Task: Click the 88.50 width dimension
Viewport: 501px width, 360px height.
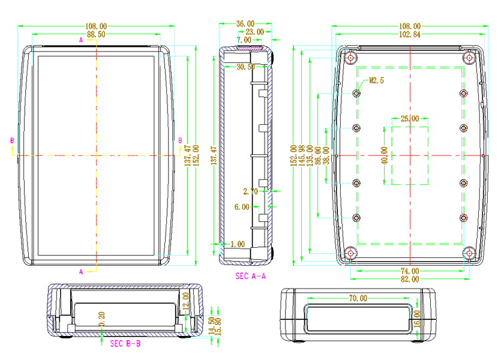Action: [x=96, y=34]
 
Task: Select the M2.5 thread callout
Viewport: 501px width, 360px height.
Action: [x=377, y=81]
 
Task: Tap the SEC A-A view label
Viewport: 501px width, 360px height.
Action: [x=251, y=275]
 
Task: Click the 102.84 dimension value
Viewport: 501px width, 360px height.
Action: [x=409, y=34]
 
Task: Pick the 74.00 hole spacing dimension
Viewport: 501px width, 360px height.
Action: [x=409, y=271]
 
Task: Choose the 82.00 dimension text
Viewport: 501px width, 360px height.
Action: [x=409, y=279]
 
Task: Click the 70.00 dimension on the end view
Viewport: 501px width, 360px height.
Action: [x=357, y=299]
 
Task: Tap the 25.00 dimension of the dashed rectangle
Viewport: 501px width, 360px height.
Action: [x=409, y=119]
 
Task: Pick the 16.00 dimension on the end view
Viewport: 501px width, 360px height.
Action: [x=417, y=318]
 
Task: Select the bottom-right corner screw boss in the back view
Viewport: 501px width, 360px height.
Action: [x=470, y=253]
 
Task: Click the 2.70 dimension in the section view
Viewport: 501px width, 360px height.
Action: [x=251, y=192]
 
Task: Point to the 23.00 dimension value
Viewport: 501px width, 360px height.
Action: [x=255, y=32]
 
